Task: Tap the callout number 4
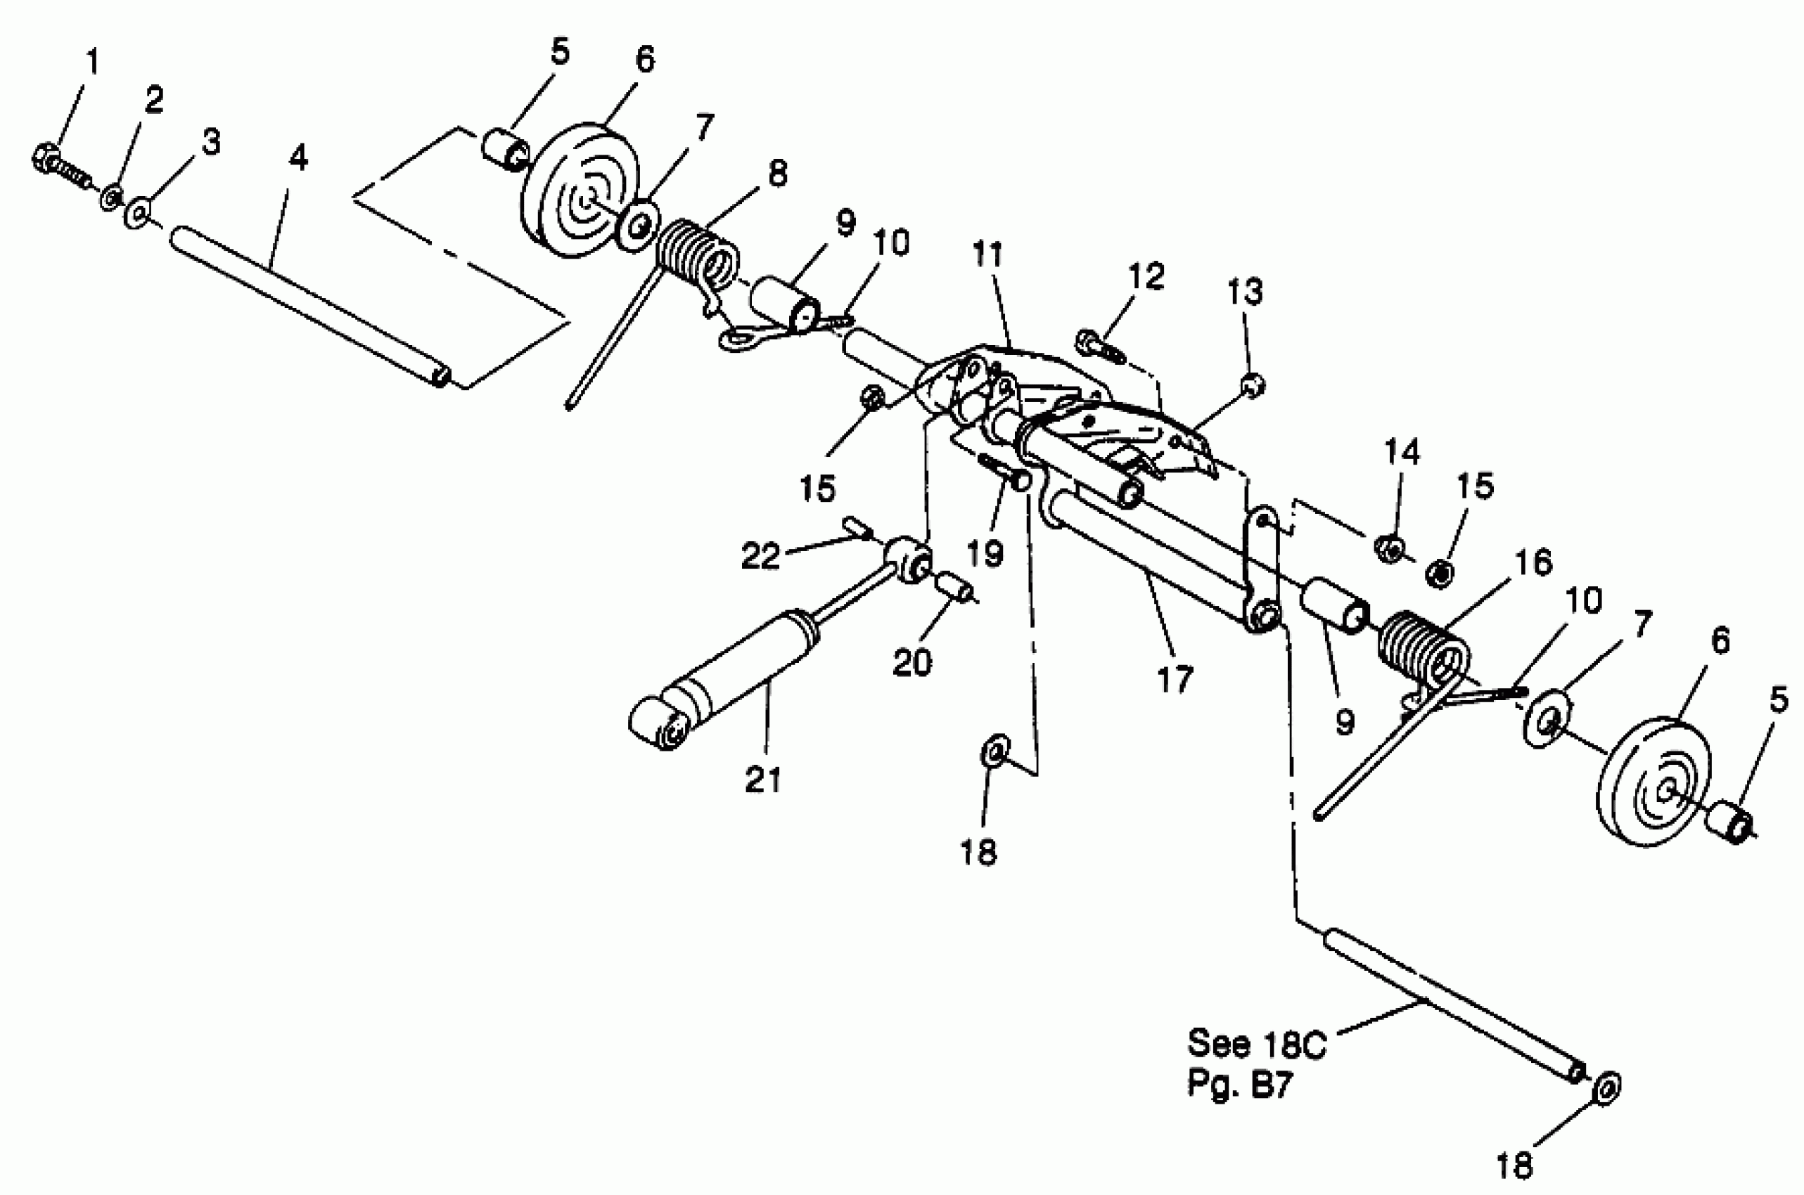[x=298, y=157]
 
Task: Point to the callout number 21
[x=763, y=780]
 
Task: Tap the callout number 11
[x=987, y=255]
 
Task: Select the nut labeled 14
[x=1389, y=547]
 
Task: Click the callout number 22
[x=762, y=556]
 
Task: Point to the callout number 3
[x=210, y=143]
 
